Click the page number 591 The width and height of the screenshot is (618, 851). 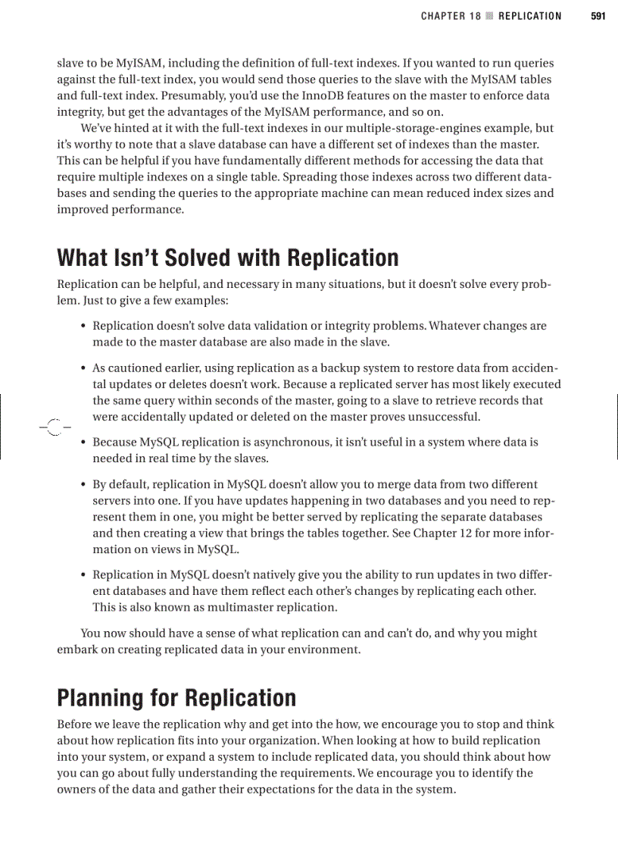click(598, 16)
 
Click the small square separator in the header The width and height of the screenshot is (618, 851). click(489, 16)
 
